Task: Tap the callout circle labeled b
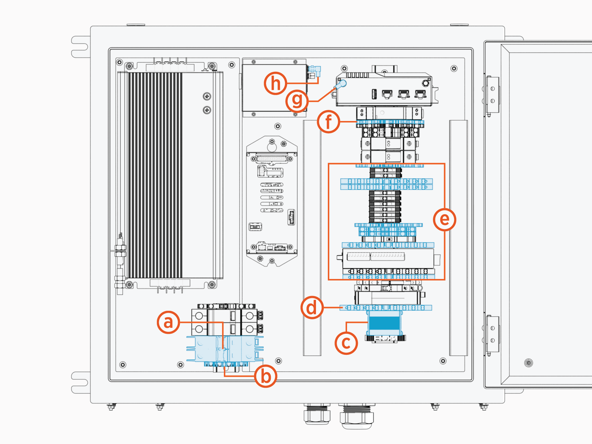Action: pos(266,376)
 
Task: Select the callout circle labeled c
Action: pos(346,343)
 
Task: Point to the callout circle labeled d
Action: pos(312,307)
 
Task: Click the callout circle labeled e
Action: pos(444,219)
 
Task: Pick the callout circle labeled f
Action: pos(329,121)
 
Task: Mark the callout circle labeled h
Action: pos(276,83)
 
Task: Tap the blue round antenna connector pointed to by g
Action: pos(342,84)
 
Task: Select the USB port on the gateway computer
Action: pos(374,94)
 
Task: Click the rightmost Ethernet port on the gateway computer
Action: pos(420,94)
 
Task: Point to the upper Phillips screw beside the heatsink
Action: pos(207,97)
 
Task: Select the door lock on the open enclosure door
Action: pos(529,363)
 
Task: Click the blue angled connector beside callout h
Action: pos(316,70)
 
